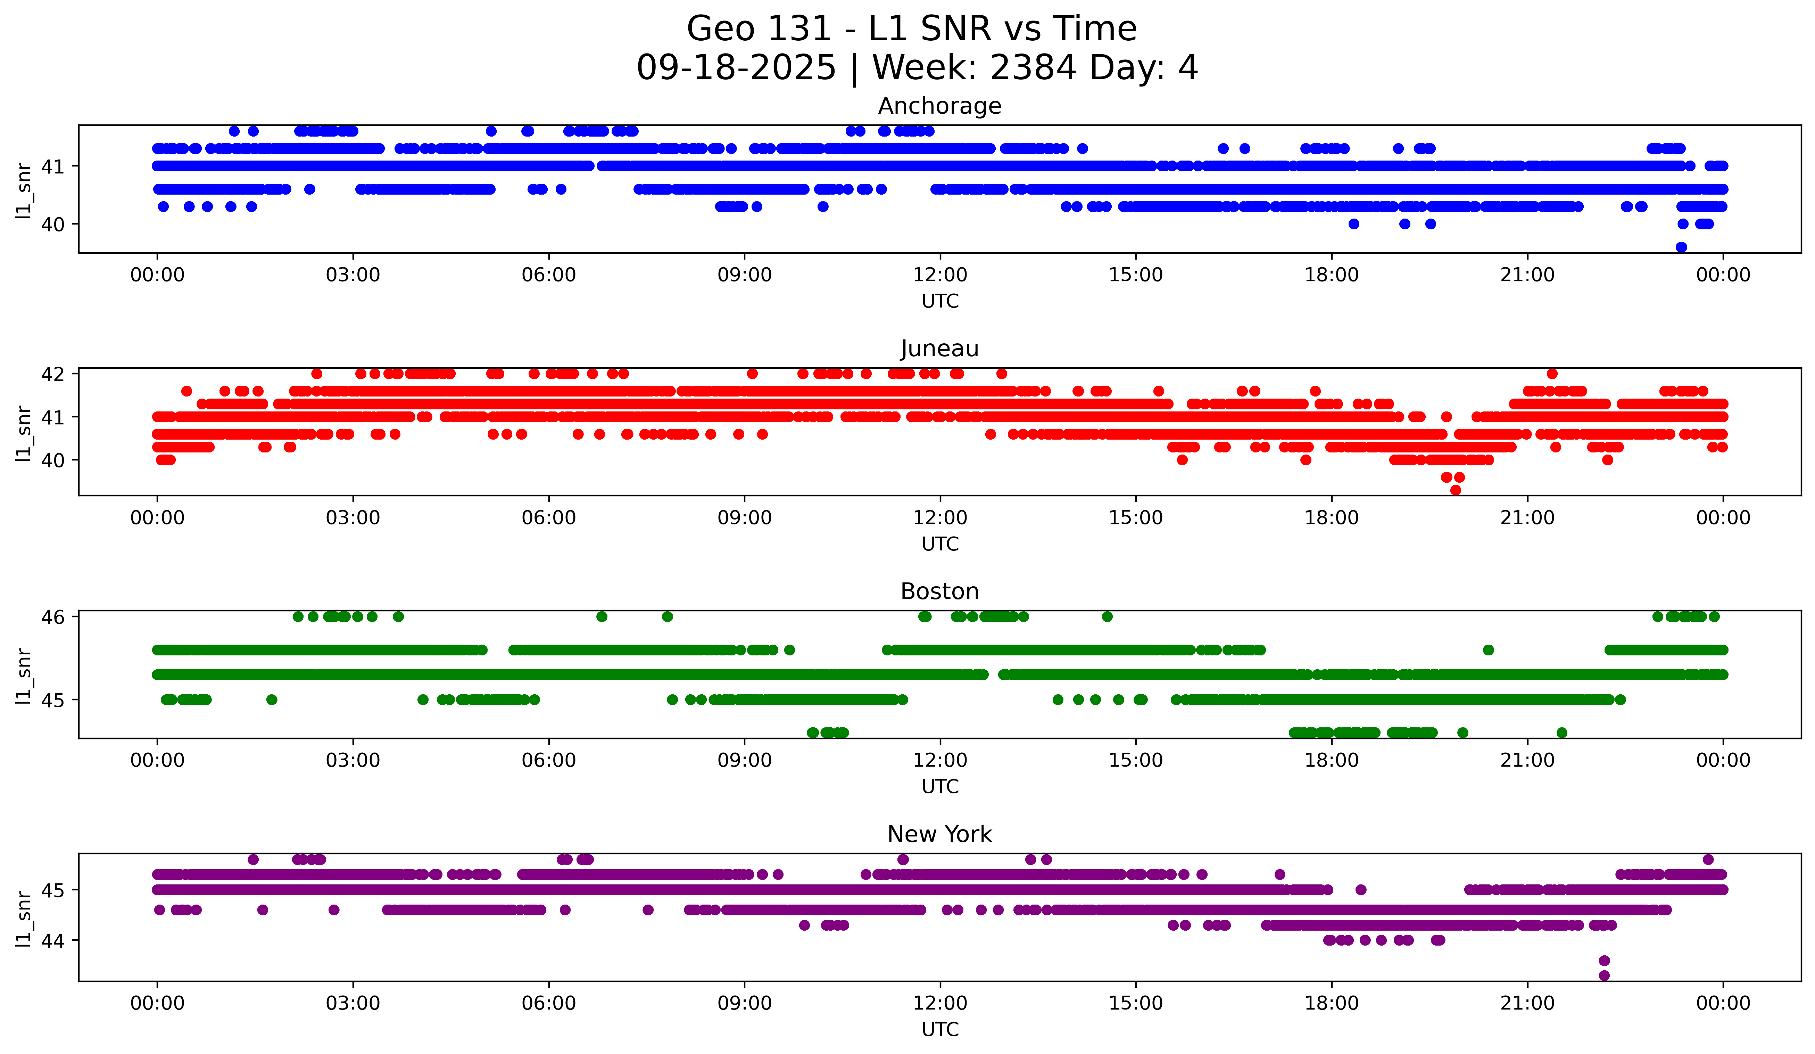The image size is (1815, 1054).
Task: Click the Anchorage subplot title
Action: click(939, 106)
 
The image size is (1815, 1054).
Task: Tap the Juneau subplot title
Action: click(939, 349)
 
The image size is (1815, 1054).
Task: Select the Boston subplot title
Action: click(939, 591)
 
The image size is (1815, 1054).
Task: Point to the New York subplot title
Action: click(939, 834)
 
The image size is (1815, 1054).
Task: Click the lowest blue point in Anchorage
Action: click(1681, 247)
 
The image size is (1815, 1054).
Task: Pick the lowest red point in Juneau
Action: click(1456, 490)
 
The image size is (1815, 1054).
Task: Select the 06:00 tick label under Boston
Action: click(549, 760)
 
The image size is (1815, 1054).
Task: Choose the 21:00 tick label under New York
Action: click(1527, 1003)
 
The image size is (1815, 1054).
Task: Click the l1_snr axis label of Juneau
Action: click(24, 432)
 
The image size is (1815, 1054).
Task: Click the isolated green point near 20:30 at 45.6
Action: click(1488, 650)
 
